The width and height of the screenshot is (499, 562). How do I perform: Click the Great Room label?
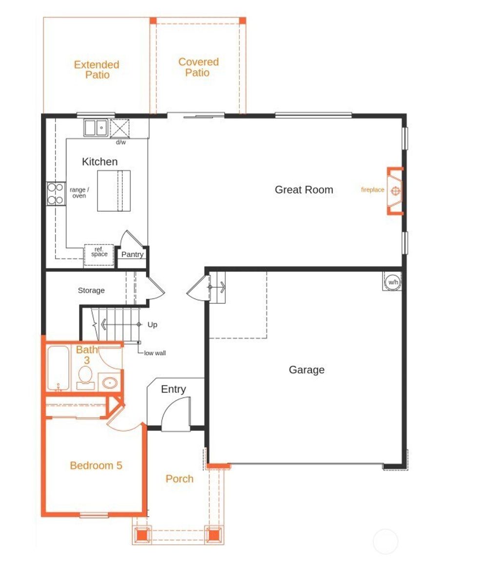tap(304, 190)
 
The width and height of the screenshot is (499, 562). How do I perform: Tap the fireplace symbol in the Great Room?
tap(396, 190)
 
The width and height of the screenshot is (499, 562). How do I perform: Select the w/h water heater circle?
tap(392, 281)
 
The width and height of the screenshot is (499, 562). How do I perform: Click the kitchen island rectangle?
tap(114, 190)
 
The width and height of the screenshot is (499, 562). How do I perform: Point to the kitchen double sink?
tap(96, 128)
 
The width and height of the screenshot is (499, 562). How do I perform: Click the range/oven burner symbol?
tap(56, 193)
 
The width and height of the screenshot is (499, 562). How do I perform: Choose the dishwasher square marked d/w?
tap(120, 128)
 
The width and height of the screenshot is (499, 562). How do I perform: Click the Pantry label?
tap(132, 255)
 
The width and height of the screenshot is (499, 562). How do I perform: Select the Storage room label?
tap(91, 291)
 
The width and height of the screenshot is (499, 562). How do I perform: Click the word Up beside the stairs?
tap(152, 325)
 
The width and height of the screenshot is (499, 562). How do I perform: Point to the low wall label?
tap(154, 353)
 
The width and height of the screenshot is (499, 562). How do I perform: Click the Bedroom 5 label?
tap(96, 466)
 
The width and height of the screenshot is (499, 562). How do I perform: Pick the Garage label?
tap(307, 370)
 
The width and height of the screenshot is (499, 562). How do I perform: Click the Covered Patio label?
tap(198, 67)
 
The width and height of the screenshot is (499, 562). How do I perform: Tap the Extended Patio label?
tap(96, 70)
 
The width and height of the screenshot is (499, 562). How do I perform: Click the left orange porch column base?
tap(141, 534)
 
